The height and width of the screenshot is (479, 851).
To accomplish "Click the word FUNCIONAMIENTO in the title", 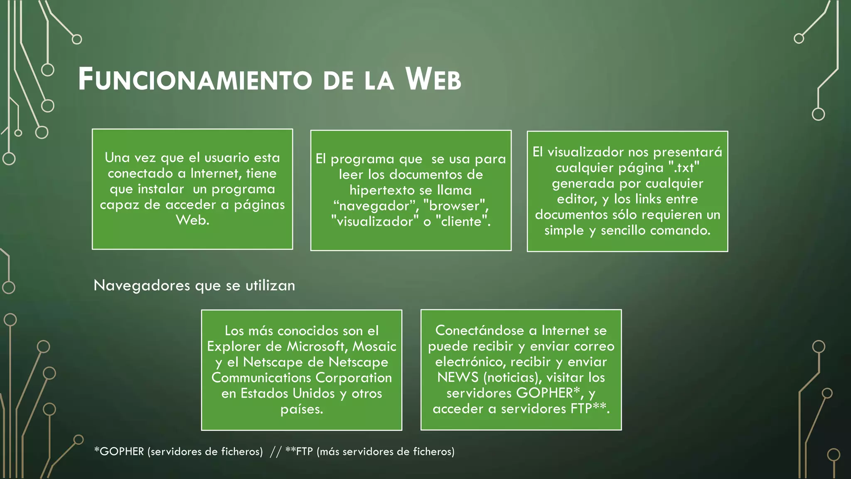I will coord(195,79).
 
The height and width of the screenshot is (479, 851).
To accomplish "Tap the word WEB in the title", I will coord(433,79).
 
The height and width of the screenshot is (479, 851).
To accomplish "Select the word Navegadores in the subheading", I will coord(142,286).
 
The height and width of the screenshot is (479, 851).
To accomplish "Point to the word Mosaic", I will coord(374,346).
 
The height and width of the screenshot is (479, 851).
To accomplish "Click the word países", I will coord(302,409).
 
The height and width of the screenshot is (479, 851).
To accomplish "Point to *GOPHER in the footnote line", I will coord(119,452).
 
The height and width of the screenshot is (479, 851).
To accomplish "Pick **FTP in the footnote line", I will coord(299,452).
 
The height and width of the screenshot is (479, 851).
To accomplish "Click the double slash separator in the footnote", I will coord(275,452).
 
